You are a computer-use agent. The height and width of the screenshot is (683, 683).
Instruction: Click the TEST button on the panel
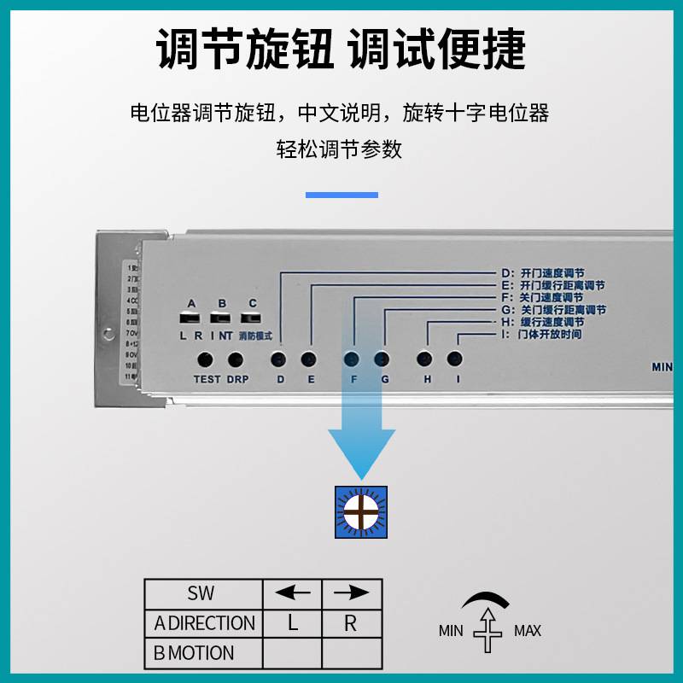click(x=206, y=359)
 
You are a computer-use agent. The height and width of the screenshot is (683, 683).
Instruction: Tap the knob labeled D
click(x=278, y=359)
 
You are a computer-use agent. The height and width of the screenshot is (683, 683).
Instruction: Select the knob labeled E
click(x=309, y=359)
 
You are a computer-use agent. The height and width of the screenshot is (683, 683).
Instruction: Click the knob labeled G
click(x=382, y=359)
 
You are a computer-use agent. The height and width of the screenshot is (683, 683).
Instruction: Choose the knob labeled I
click(x=455, y=359)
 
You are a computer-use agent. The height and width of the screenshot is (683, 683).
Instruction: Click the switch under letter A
click(x=190, y=318)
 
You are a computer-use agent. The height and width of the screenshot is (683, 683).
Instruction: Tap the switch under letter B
click(x=222, y=318)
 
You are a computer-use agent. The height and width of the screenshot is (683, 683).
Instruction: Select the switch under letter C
click(x=252, y=318)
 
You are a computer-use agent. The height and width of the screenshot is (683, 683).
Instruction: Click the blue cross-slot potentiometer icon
click(x=361, y=512)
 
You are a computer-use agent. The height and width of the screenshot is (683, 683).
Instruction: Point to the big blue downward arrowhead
click(x=362, y=452)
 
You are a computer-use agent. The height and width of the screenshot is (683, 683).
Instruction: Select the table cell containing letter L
click(x=292, y=623)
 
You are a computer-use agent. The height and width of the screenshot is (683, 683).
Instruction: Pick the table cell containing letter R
click(x=351, y=623)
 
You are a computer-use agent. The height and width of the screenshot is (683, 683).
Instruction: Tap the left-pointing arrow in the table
click(x=292, y=593)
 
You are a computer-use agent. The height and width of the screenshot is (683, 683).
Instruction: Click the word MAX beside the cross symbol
click(x=528, y=632)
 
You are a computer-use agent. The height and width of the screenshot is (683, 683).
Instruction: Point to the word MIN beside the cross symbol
click(x=451, y=632)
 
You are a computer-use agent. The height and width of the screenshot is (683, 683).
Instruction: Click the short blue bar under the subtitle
click(x=341, y=195)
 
